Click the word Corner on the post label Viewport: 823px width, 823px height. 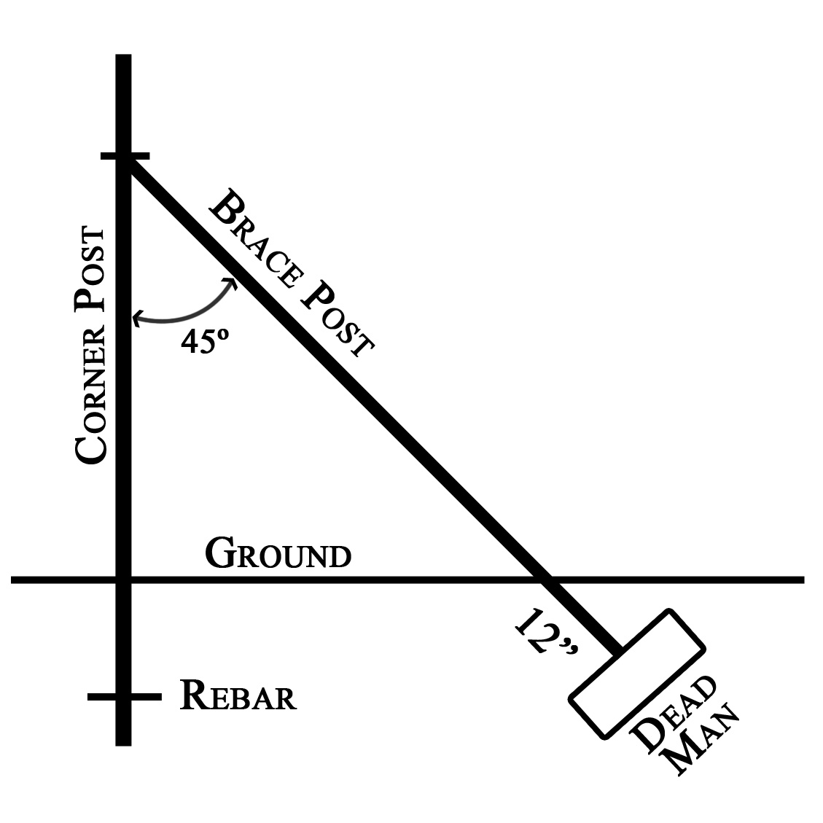click(x=91, y=393)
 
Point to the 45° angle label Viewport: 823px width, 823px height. click(x=205, y=341)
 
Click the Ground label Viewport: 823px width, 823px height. click(x=278, y=553)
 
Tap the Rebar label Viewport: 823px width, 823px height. click(x=238, y=695)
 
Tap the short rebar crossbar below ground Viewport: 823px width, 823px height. click(x=125, y=696)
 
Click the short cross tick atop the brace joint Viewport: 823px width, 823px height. click(x=125, y=156)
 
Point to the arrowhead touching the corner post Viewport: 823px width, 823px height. click(x=138, y=318)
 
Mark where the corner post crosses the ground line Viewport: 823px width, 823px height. click(x=123, y=580)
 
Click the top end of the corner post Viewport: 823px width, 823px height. click(x=123, y=55)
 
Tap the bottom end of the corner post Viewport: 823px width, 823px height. click(x=123, y=745)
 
